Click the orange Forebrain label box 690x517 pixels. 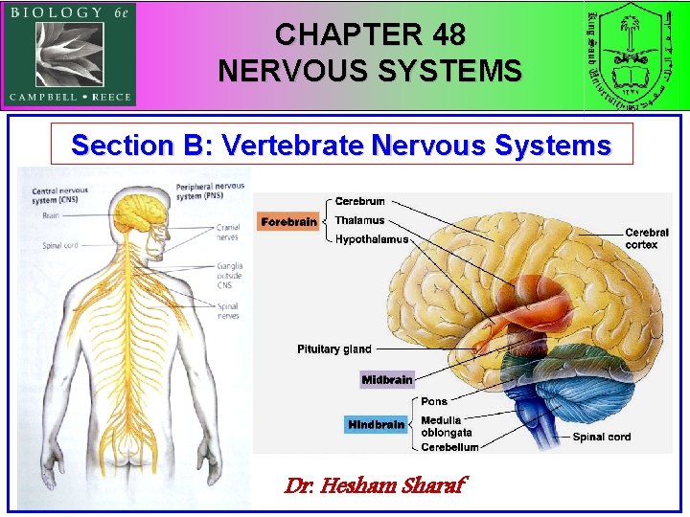click(289, 222)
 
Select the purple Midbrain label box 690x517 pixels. click(387, 380)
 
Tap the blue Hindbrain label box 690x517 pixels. click(377, 424)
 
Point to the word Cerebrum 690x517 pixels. click(360, 201)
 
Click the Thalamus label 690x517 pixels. click(359, 220)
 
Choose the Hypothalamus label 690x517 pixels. click(372, 239)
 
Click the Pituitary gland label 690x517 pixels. click(333, 349)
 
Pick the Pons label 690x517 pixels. click(433, 401)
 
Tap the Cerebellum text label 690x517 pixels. click(449, 446)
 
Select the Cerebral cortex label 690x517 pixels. click(647, 238)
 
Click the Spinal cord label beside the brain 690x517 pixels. click(602, 437)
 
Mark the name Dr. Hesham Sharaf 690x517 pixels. click(375, 485)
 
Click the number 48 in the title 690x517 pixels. click(448, 35)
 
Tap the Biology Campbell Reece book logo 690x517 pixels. click(70, 54)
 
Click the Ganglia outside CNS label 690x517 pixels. click(229, 275)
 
